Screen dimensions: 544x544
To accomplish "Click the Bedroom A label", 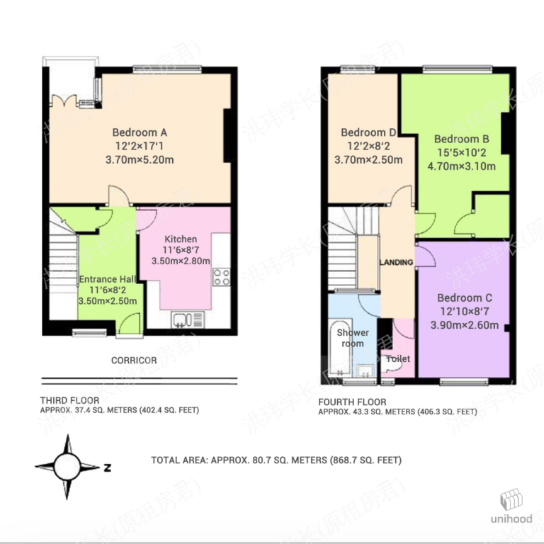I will click(139, 132).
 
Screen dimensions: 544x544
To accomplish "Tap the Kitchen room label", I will click(181, 239).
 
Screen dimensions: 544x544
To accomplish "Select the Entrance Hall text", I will click(107, 279).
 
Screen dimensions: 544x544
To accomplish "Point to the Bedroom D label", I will click(368, 133).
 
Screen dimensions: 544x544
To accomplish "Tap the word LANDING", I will click(396, 263).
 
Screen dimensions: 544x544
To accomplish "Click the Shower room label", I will click(352, 338).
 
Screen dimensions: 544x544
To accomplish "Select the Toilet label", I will click(398, 359).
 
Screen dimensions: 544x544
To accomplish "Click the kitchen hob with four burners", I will click(222, 277).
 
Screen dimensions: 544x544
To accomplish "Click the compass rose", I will click(69, 467).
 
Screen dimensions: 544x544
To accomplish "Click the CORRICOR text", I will click(134, 361).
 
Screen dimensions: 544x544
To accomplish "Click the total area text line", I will click(276, 460).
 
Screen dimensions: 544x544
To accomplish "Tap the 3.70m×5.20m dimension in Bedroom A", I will click(139, 159).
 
